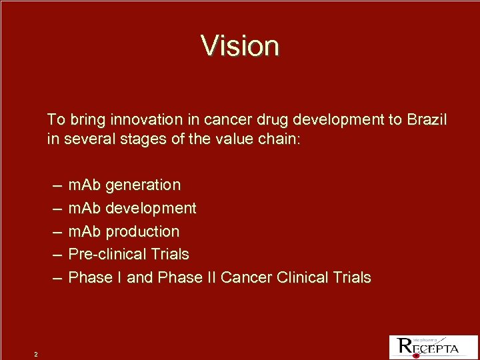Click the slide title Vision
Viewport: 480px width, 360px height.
click(240, 46)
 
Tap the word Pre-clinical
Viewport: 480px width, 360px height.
click(108, 254)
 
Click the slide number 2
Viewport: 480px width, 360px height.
click(36, 353)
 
